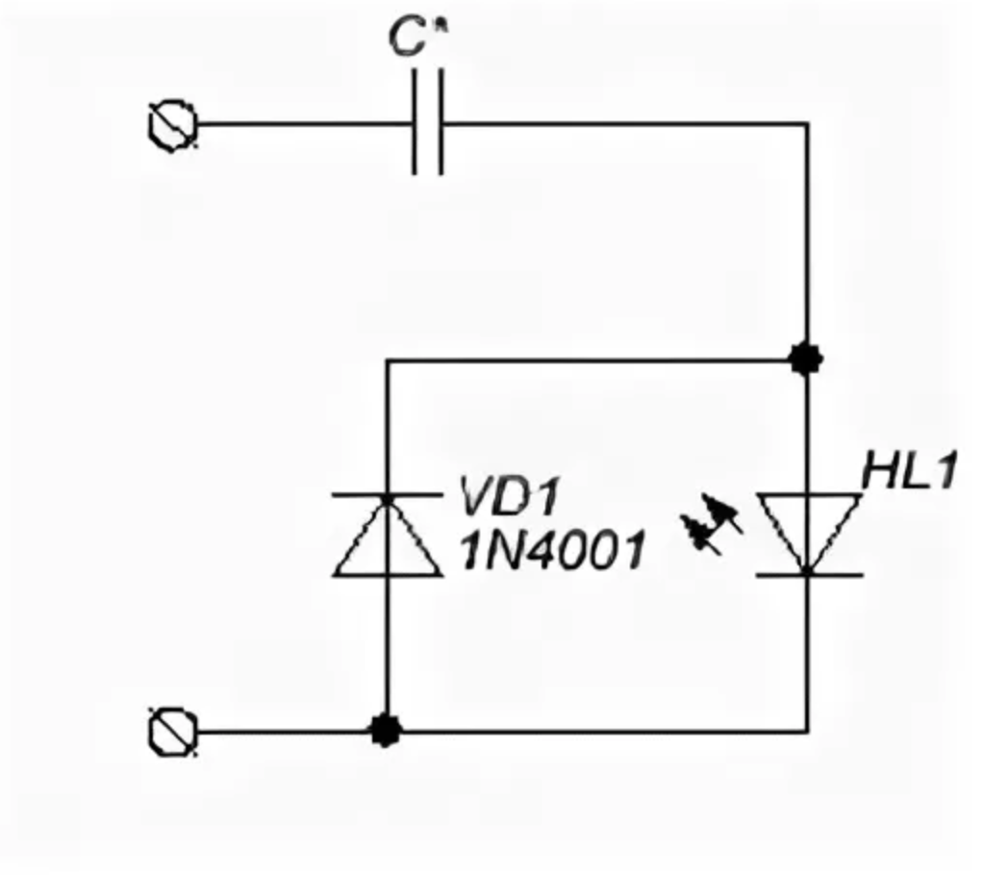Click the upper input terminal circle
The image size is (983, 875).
(x=173, y=125)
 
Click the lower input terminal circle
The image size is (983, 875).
(x=173, y=732)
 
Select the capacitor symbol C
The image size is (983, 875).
(x=428, y=123)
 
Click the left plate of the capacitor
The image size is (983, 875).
(x=416, y=123)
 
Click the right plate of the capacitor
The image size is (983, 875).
(x=441, y=123)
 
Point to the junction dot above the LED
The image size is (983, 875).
(x=806, y=360)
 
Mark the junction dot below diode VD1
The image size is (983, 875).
(x=386, y=730)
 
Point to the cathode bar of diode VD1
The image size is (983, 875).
(x=387, y=497)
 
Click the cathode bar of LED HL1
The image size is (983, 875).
(x=807, y=574)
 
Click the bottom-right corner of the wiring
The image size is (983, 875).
(x=807, y=731)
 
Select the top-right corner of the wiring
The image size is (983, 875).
(x=807, y=124)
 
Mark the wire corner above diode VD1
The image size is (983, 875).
(x=387, y=362)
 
